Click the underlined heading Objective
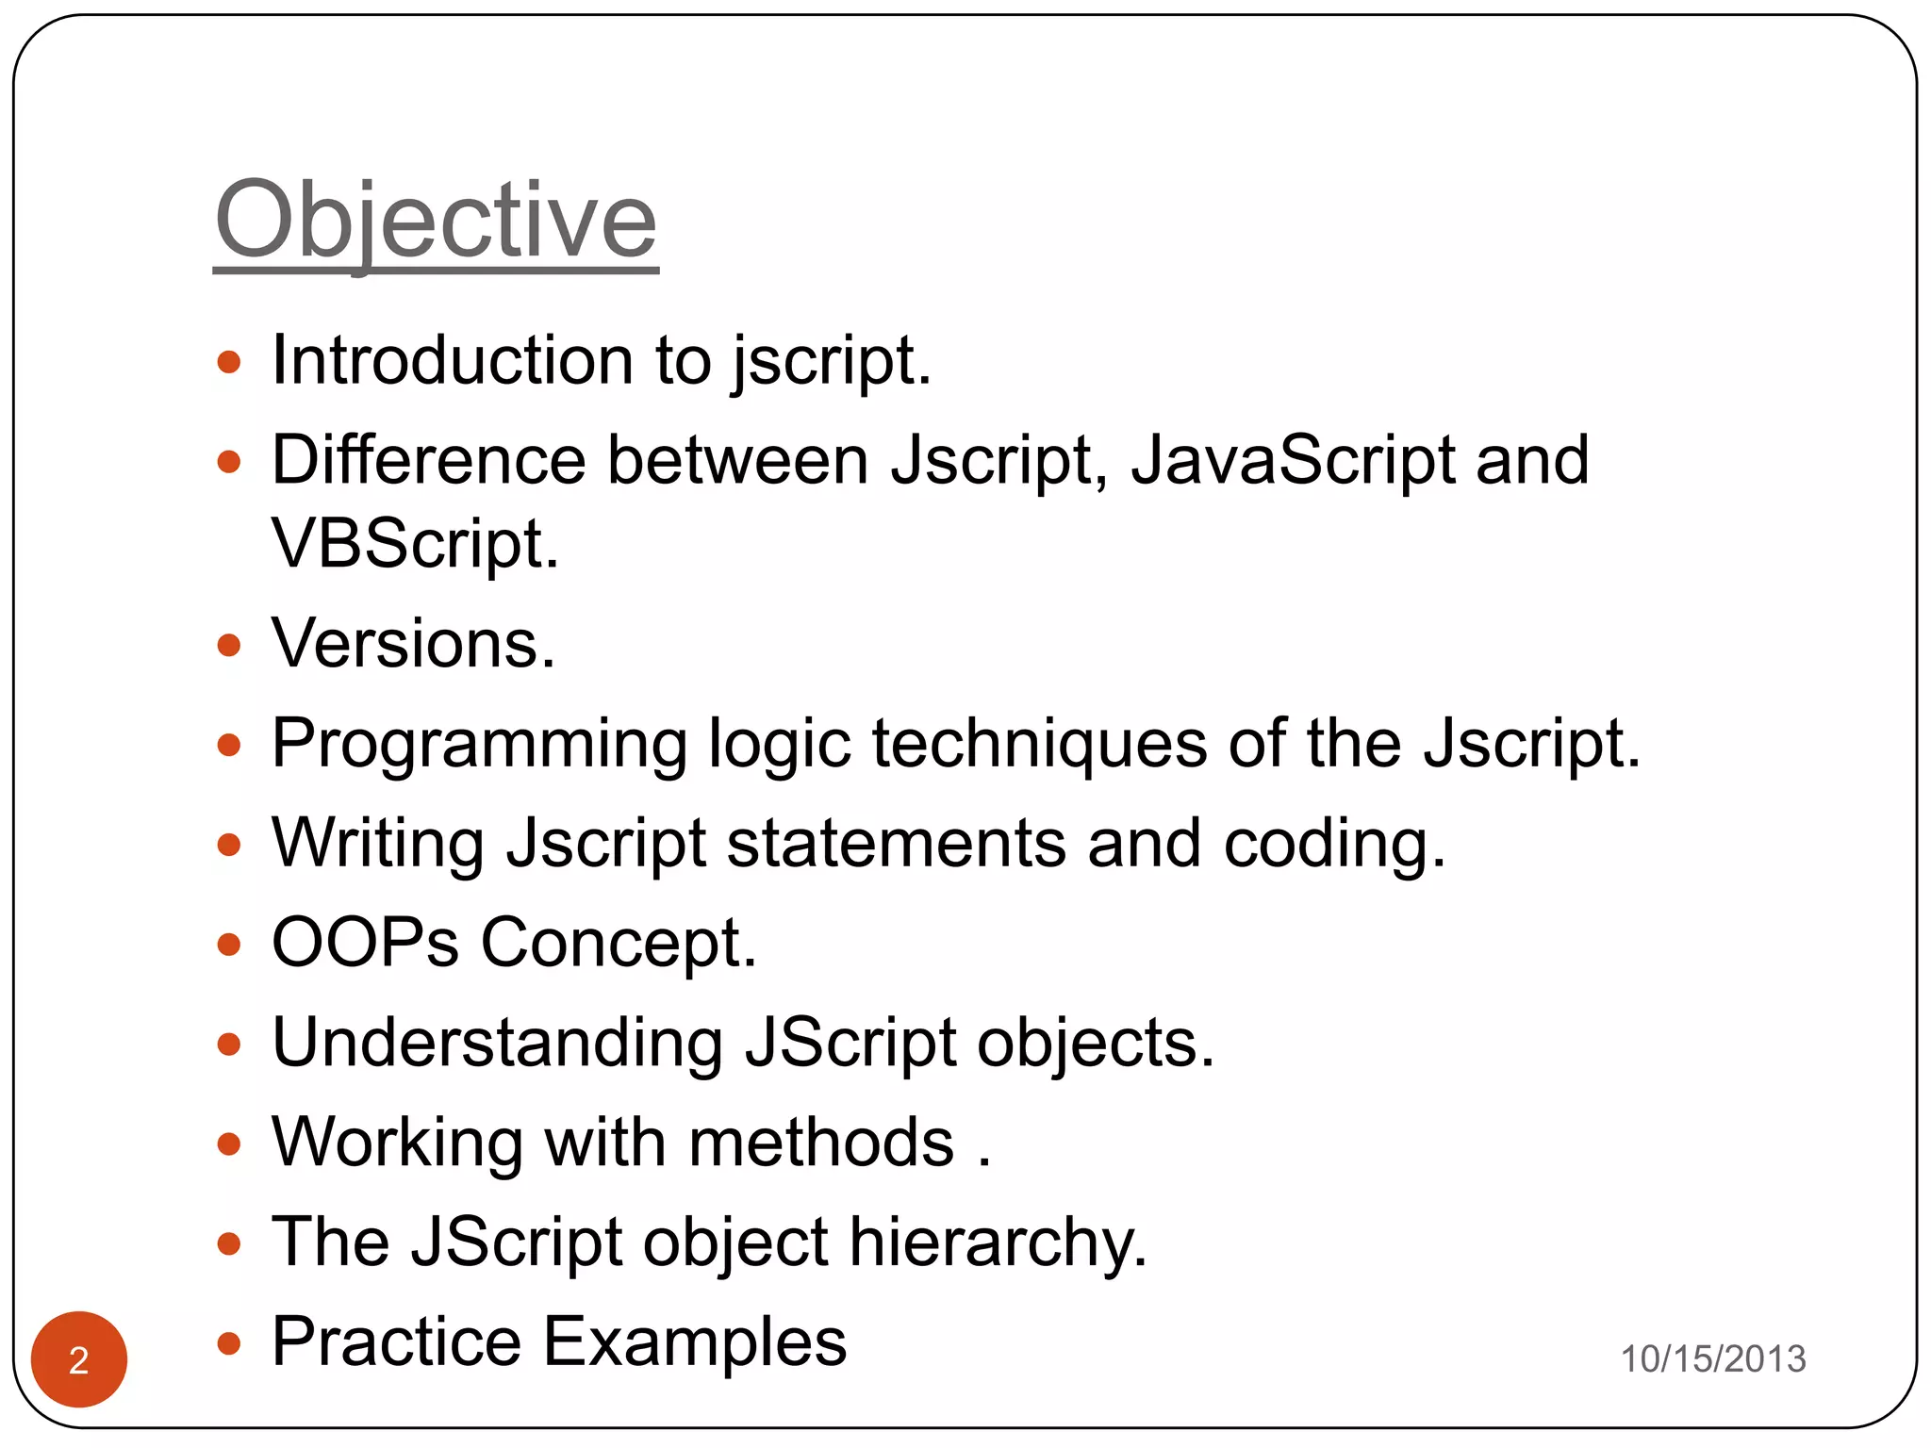click(x=436, y=222)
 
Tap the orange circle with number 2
click(x=79, y=1359)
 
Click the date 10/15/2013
click(x=1712, y=1358)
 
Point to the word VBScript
click(x=415, y=544)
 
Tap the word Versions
click(x=413, y=644)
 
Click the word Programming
click(x=479, y=745)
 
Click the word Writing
click(x=377, y=843)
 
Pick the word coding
click(x=1333, y=843)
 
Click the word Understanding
click(x=497, y=1043)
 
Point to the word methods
click(x=821, y=1143)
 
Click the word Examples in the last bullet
click(x=695, y=1341)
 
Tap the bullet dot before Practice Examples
click(x=229, y=1342)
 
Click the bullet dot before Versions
click(x=229, y=646)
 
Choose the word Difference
click(x=429, y=460)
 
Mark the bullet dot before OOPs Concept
click(x=229, y=944)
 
